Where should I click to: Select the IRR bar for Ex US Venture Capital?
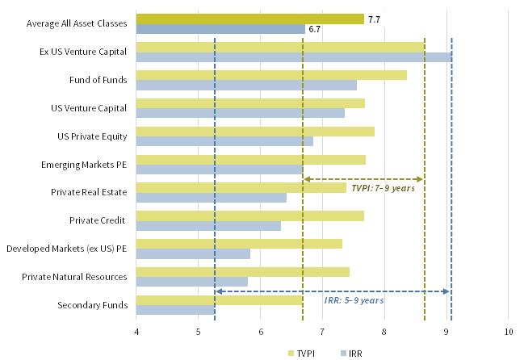294,57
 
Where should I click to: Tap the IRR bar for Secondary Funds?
175,310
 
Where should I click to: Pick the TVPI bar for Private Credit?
249,216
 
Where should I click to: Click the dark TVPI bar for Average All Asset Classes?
249,19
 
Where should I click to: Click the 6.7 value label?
315,30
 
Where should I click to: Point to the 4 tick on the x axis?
136,332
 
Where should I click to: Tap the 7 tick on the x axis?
322,332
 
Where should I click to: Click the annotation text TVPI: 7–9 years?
383,188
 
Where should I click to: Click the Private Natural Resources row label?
79,277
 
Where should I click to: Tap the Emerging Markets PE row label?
91,165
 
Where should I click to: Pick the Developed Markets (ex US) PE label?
67,249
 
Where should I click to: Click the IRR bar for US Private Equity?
224,141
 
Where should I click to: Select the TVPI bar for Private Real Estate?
241,187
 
